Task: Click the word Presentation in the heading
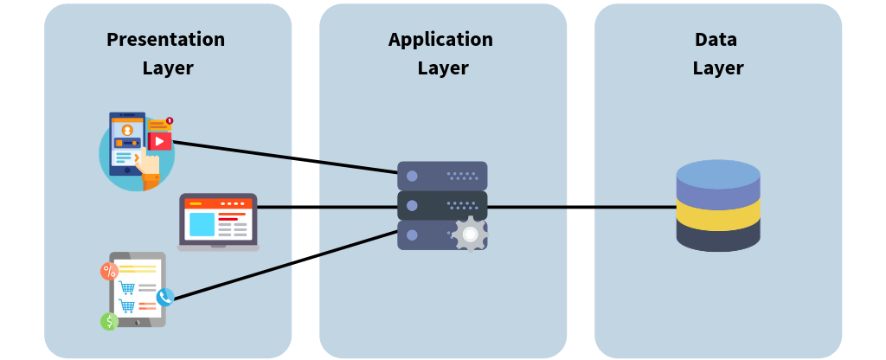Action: pos(165,40)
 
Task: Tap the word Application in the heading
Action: pos(440,40)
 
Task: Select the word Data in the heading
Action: pos(717,40)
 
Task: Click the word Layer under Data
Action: pos(717,68)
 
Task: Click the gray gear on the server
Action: pos(470,235)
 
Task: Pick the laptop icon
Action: pos(218,222)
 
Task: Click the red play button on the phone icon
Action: pos(160,141)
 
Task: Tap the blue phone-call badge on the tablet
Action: pos(165,297)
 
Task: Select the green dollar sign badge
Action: pos(109,321)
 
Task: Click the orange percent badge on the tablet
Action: pos(109,271)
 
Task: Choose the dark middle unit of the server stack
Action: pos(441,206)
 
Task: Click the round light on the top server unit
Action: pos(412,177)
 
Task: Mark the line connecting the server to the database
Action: pos(580,208)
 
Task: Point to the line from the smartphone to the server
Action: pos(286,157)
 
